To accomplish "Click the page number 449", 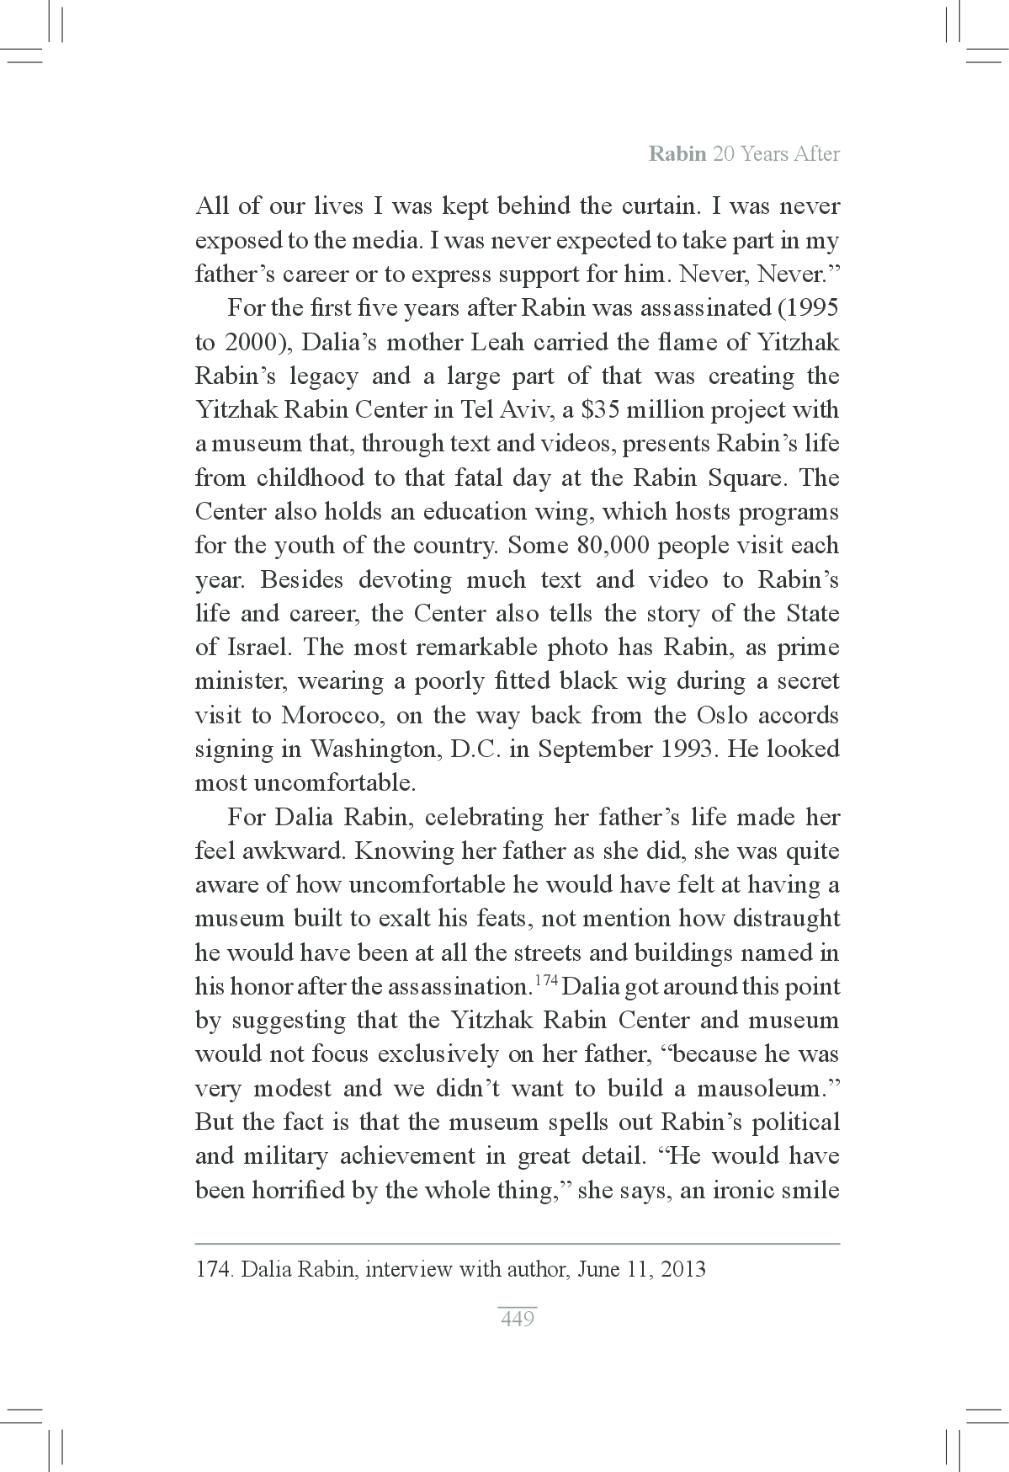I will (517, 1319).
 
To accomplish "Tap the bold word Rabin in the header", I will (677, 154).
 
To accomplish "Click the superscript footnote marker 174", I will (546, 981).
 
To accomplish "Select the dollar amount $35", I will (588, 410).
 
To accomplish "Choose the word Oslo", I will (721, 716).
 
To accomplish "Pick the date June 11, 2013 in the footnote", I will (642, 1269).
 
